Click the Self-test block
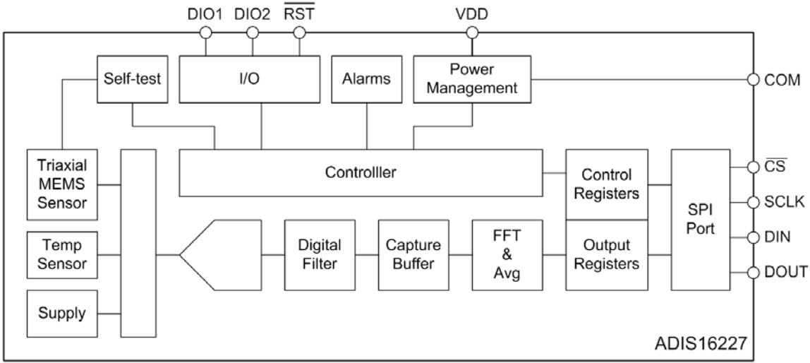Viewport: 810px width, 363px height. click(x=132, y=79)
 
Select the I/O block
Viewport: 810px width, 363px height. click(x=250, y=79)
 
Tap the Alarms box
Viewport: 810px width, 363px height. click(x=366, y=79)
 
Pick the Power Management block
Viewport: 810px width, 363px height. click(x=472, y=79)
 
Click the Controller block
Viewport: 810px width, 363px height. click(x=361, y=173)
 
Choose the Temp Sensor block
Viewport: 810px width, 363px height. click(x=62, y=254)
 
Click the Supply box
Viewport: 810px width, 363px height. click(x=62, y=314)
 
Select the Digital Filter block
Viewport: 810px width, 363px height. click(x=320, y=254)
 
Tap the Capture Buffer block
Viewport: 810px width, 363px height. click(x=413, y=254)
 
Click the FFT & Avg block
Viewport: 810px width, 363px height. click(x=507, y=254)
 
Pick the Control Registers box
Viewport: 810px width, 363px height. click(x=607, y=184)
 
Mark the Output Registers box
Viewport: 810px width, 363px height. click(x=607, y=255)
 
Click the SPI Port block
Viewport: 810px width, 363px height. click(x=701, y=220)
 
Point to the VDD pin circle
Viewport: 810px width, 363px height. click(x=471, y=33)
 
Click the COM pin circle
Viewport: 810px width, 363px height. click(x=754, y=80)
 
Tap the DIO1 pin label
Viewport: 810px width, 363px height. click(x=205, y=14)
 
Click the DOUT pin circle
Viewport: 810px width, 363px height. click(x=754, y=272)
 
